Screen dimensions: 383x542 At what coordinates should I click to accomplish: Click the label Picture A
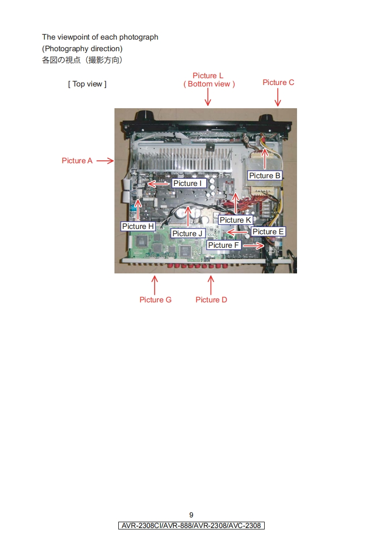click(77, 161)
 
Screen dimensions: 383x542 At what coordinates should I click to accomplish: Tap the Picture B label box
click(265, 176)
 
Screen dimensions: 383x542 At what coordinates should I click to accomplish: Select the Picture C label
click(278, 83)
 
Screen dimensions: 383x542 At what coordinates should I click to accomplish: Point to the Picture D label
click(211, 300)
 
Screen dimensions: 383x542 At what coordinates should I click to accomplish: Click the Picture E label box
click(268, 232)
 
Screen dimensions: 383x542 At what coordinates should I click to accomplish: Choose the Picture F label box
click(224, 245)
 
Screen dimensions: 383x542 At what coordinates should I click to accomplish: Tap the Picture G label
click(155, 300)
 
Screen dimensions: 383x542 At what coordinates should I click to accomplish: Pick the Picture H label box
click(138, 226)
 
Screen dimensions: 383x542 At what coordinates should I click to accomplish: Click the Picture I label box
click(189, 184)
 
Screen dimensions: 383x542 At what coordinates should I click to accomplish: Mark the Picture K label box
click(235, 220)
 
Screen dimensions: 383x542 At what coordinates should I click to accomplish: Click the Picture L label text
click(208, 76)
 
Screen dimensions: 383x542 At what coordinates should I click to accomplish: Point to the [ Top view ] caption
click(87, 84)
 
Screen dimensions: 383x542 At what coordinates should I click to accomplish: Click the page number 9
click(191, 515)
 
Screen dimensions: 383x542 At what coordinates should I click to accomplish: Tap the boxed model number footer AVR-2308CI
click(191, 526)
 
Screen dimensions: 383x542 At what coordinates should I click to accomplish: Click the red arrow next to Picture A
click(105, 161)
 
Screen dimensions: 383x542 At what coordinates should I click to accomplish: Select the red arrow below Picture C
click(278, 99)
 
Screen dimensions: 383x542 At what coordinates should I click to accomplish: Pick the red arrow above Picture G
click(155, 285)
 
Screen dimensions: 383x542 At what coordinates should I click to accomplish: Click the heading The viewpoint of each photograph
click(100, 37)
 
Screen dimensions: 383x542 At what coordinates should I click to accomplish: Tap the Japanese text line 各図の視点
click(82, 60)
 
